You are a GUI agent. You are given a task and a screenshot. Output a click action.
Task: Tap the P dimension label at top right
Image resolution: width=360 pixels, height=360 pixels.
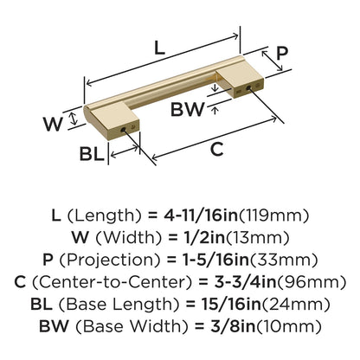[x=282, y=55]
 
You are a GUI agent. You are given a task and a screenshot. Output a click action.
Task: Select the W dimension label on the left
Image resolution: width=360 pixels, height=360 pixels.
[x=54, y=123]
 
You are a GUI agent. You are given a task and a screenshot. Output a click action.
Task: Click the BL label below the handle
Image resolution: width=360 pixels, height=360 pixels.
[x=92, y=155]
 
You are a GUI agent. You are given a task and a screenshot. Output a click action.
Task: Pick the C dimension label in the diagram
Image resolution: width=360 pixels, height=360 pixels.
[x=217, y=148]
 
